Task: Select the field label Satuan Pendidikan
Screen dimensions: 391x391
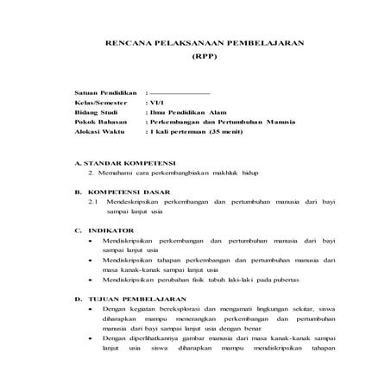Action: (x=104, y=91)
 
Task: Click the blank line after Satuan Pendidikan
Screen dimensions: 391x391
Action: (x=180, y=91)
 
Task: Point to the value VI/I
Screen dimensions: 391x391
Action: (x=160, y=102)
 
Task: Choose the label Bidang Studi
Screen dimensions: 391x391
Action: (x=96, y=112)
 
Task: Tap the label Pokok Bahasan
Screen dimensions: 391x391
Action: (x=99, y=123)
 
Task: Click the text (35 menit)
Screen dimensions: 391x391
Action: (x=224, y=133)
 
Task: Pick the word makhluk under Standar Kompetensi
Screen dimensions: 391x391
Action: (x=227, y=173)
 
